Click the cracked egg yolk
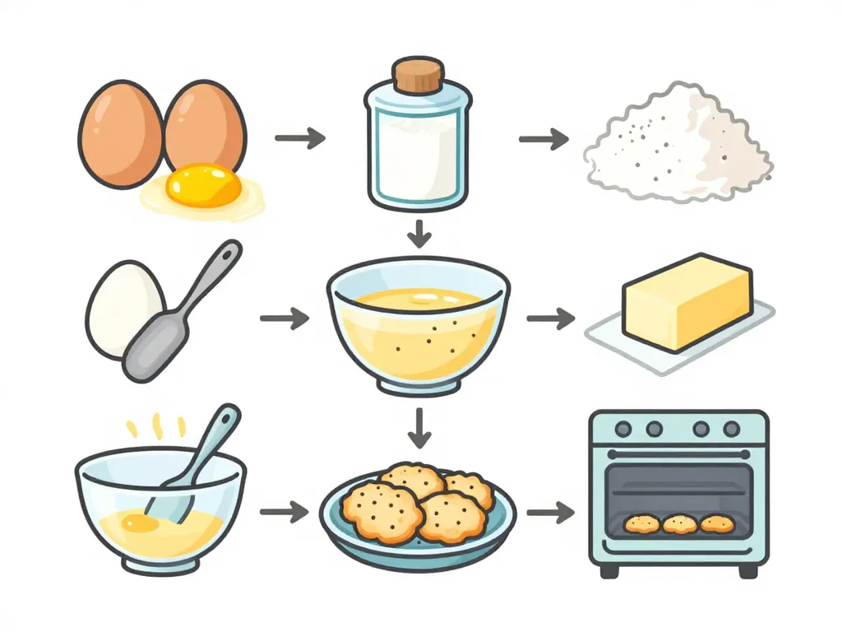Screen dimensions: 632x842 [203, 185]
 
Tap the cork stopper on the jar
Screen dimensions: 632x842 [417, 76]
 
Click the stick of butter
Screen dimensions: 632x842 [687, 301]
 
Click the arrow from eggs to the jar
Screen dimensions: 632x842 [299, 137]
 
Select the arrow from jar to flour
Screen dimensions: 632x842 [544, 137]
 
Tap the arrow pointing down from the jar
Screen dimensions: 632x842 [419, 234]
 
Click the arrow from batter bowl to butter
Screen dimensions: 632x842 [550, 317]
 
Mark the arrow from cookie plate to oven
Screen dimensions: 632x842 [550, 513]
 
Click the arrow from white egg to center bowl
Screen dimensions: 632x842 [284, 318]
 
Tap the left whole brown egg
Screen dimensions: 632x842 [120, 133]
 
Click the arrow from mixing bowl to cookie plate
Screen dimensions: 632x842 [284, 513]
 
